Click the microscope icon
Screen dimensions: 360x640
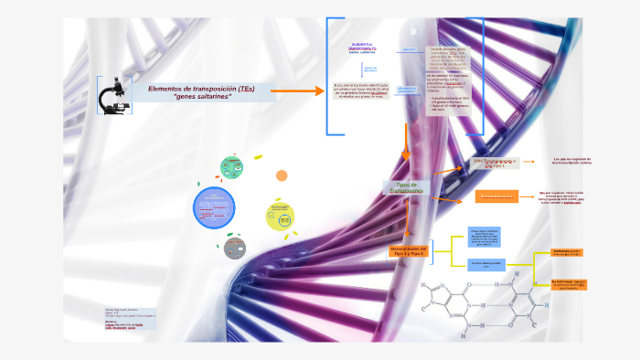click(x=113, y=94)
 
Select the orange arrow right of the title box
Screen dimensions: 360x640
click(x=293, y=91)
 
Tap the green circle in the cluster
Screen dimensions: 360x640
click(x=231, y=167)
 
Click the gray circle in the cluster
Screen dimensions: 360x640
click(x=236, y=247)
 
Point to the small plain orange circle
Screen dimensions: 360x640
click(x=282, y=175)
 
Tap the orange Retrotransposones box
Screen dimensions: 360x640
click(x=496, y=196)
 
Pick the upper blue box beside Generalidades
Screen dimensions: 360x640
click(x=486, y=237)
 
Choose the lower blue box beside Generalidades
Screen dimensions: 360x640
click(x=486, y=264)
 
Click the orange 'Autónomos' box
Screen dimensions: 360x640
click(x=568, y=252)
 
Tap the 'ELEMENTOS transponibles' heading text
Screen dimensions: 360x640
click(x=362, y=48)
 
